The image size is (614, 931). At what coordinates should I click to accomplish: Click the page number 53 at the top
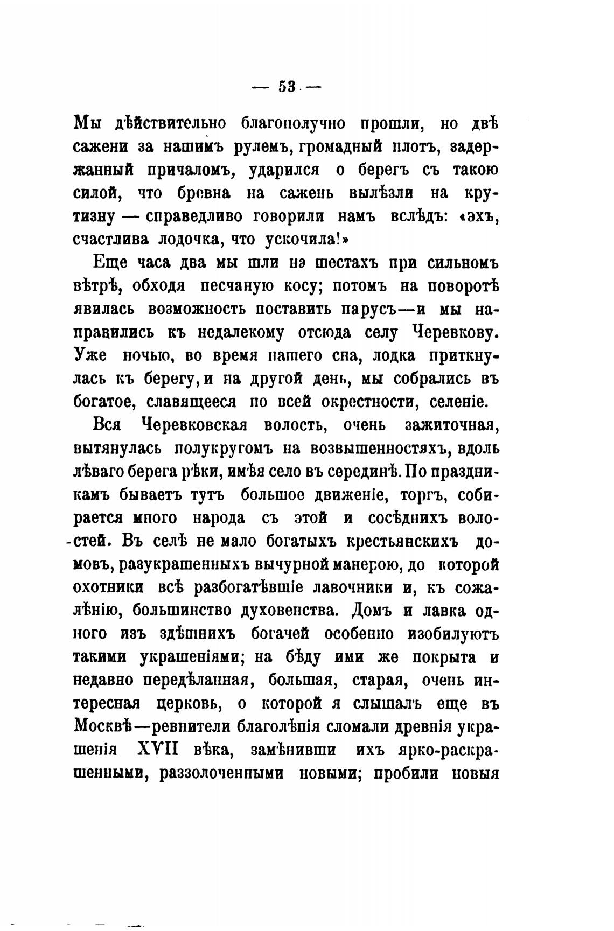pos(287,86)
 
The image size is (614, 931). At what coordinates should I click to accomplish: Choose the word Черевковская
pos(194,425)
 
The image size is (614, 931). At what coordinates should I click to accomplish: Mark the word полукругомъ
pos(226,448)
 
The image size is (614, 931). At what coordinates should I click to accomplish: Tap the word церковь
pos(196,703)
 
